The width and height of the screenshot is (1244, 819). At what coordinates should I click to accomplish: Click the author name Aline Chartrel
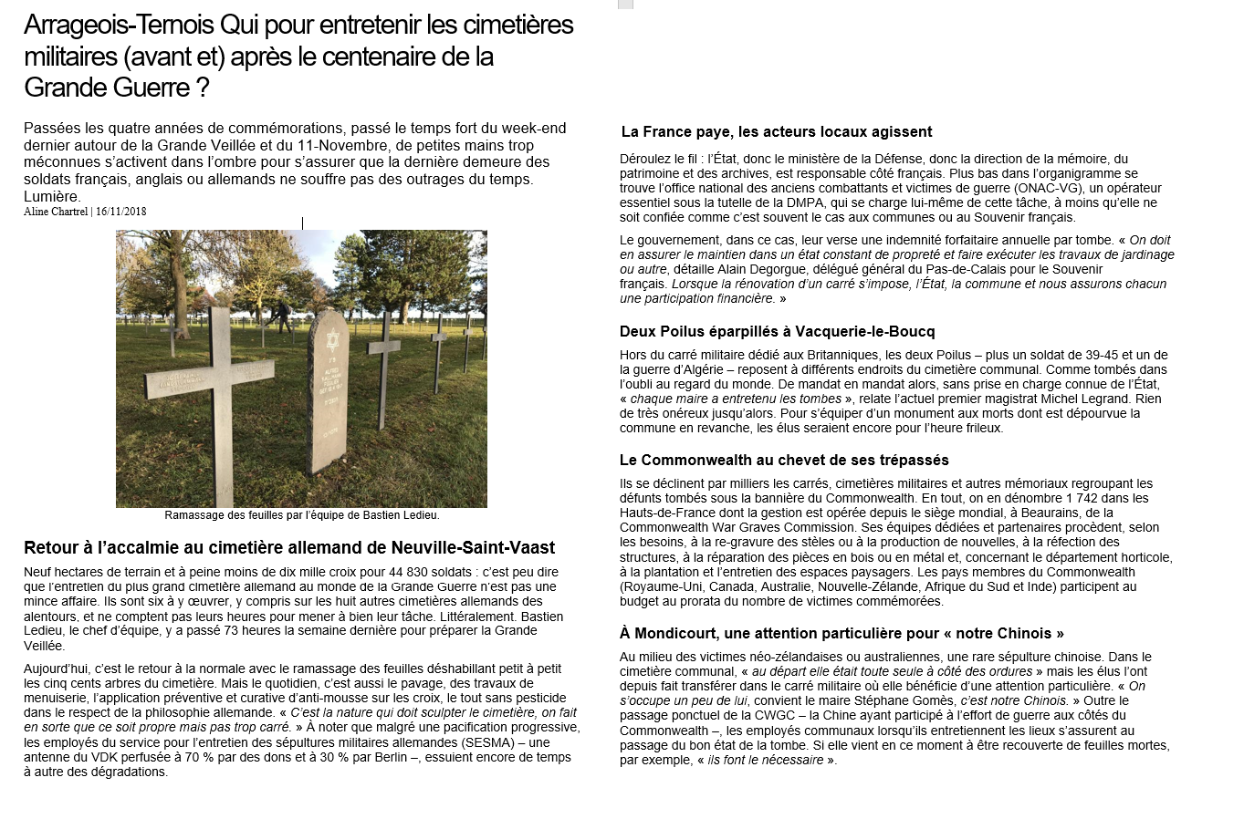pos(56,212)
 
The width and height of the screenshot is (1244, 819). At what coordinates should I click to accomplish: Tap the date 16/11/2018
pos(121,212)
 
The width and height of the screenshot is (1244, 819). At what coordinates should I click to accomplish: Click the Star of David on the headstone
pos(331,343)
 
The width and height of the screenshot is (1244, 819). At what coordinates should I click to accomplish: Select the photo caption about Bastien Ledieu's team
pos(302,515)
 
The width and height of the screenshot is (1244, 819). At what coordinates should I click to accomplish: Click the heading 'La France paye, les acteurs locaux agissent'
pos(776,132)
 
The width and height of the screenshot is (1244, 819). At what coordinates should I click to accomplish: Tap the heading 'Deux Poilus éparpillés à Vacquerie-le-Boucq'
pos(777,331)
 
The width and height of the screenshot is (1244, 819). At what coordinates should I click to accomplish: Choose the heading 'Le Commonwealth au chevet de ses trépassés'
pos(784,460)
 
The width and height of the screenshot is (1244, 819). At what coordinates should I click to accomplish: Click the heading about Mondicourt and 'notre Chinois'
pos(842,633)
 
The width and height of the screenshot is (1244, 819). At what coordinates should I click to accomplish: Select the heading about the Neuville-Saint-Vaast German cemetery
pos(288,548)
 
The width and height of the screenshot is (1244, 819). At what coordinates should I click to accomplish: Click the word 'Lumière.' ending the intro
pos(52,196)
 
